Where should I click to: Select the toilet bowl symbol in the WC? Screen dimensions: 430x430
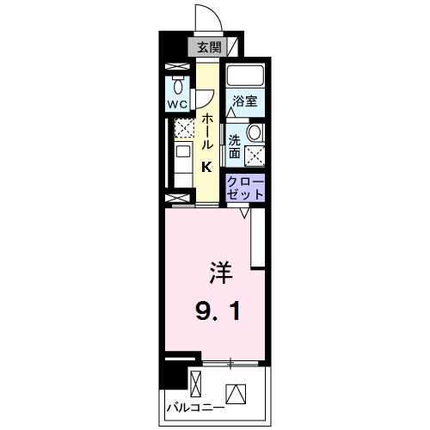[177, 85]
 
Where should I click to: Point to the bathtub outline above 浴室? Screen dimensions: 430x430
[247, 75]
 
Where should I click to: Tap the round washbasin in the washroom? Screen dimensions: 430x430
[255, 132]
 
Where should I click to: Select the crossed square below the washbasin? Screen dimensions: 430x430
[255, 155]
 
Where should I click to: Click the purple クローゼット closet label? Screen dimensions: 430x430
[245, 188]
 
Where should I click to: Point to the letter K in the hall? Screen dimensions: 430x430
[207, 168]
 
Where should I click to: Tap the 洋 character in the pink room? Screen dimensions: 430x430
[219, 274]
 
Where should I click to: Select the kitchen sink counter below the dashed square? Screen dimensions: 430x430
[183, 160]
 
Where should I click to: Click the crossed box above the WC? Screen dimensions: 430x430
[177, 66]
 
